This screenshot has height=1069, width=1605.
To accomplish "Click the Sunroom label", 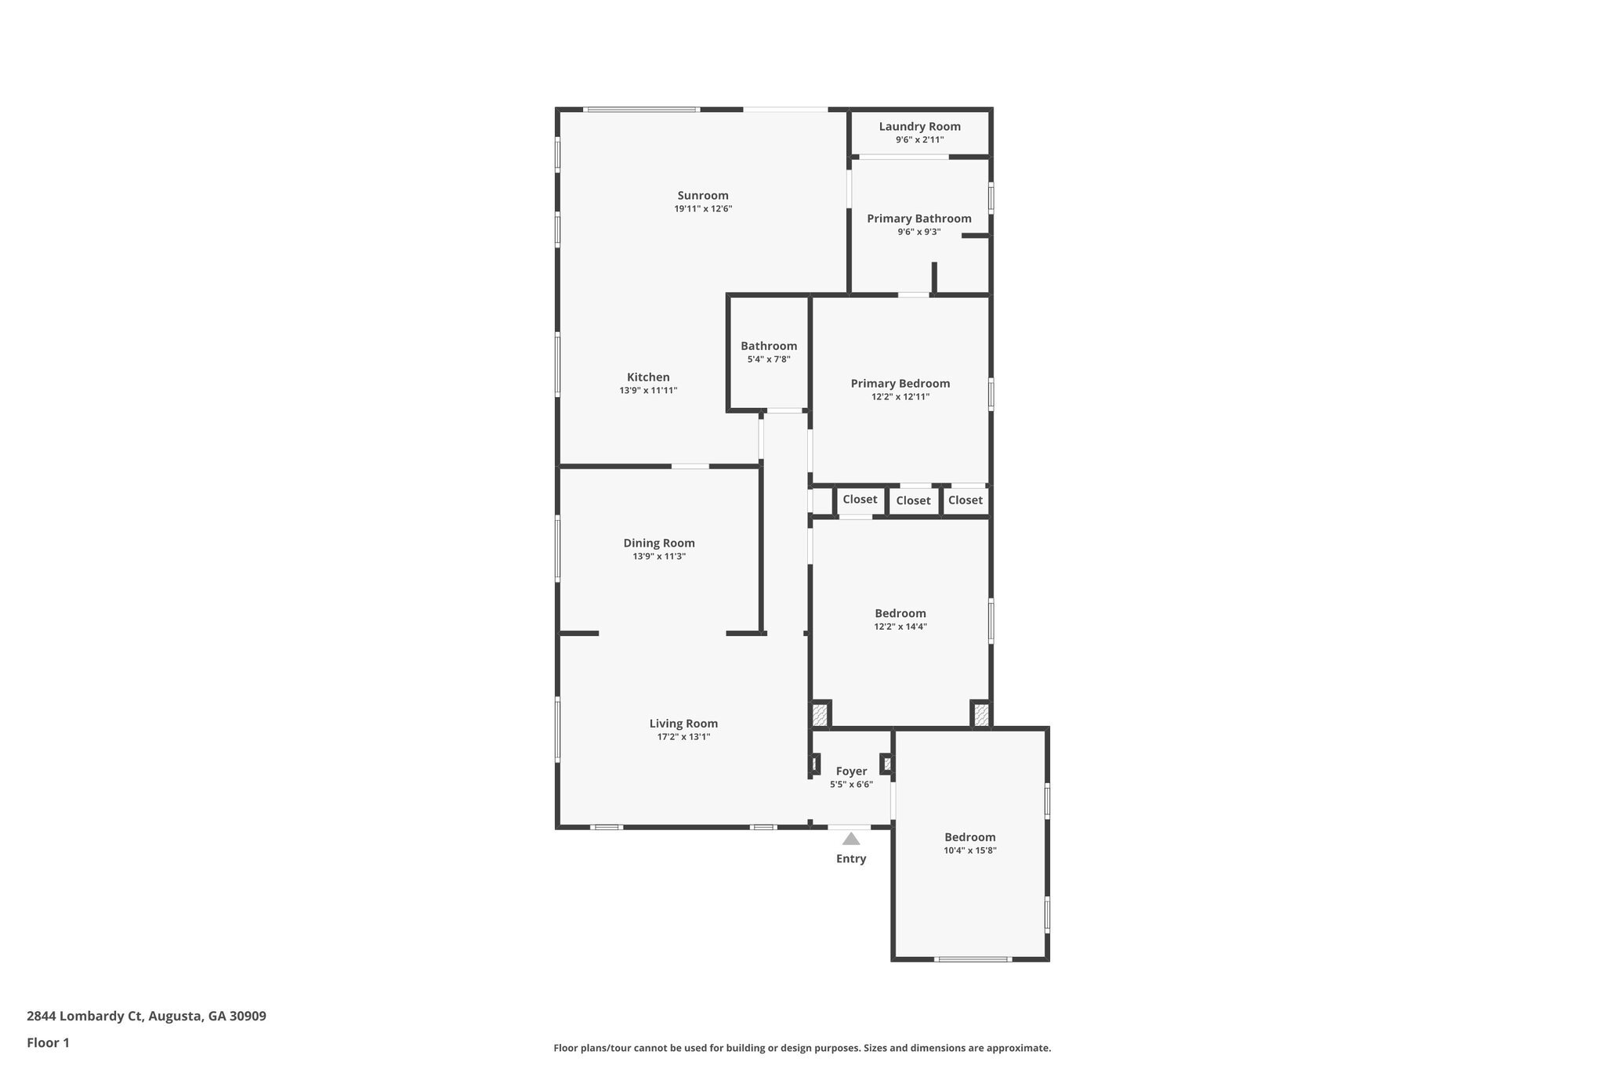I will (703, 196).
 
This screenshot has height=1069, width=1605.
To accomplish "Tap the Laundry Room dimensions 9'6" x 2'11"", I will (919, 140).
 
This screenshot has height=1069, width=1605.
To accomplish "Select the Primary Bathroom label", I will (918, 218).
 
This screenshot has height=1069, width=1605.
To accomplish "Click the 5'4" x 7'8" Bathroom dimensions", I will (768, 359).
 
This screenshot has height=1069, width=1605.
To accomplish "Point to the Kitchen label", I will (648, 377).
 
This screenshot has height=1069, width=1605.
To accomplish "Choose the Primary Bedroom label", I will (900, 384).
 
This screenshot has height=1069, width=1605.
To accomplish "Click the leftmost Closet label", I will (860, 500).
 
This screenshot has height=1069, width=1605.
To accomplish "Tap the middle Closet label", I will (913, 500).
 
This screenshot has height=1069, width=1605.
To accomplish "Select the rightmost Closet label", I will (965, 500).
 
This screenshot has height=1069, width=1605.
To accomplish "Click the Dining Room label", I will (658, 544).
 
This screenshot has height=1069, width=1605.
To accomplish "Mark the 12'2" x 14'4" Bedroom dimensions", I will (900, 627).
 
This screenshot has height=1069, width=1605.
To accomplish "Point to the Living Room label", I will (683, 724).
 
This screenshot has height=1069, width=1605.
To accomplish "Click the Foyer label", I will (851, 771).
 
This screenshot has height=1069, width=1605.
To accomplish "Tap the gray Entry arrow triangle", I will (851, 840).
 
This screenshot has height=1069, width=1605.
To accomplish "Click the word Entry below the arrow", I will (851, 859).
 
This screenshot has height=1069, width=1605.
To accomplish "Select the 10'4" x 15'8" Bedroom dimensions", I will (969, 851).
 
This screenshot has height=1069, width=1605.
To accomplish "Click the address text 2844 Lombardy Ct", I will (85, 1017).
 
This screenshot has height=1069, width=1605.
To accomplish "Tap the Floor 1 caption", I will (48, 1043).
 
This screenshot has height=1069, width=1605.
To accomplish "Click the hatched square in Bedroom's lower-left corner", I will (820, 714).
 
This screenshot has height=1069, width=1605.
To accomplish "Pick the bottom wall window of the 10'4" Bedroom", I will (973, 959).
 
